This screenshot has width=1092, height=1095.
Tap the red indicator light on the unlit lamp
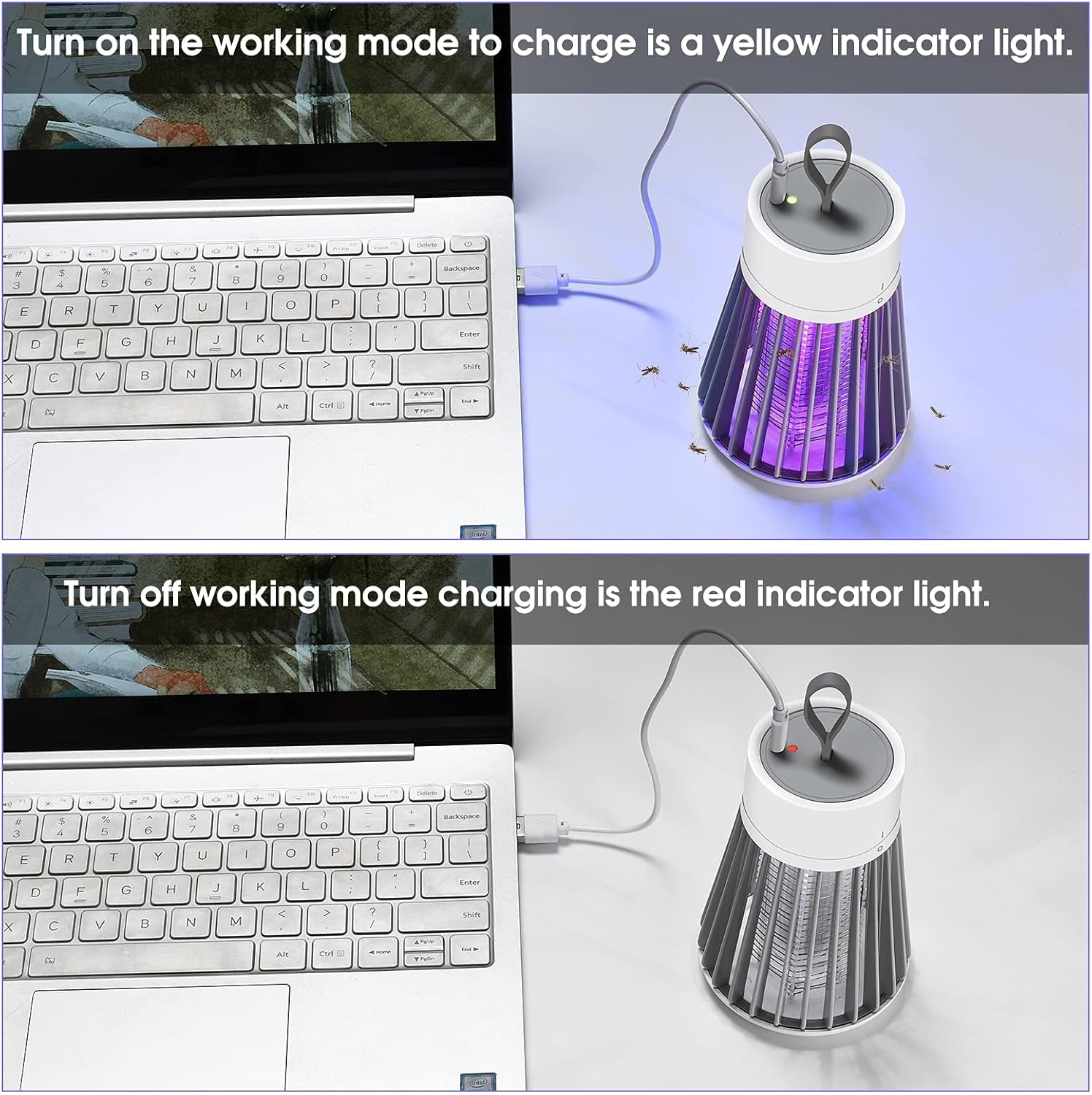coord(793,748)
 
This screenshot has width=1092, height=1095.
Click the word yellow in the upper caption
coord(766,44)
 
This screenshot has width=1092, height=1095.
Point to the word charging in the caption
coord(512,596)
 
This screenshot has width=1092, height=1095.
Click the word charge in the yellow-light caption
coord(574,44)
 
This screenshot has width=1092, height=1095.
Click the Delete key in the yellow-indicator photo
coord(427,245)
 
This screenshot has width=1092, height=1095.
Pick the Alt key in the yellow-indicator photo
coord(282,406)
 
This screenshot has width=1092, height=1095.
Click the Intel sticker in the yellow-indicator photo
coord(478,534)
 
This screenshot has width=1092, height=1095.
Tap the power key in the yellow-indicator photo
coord(468,244)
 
